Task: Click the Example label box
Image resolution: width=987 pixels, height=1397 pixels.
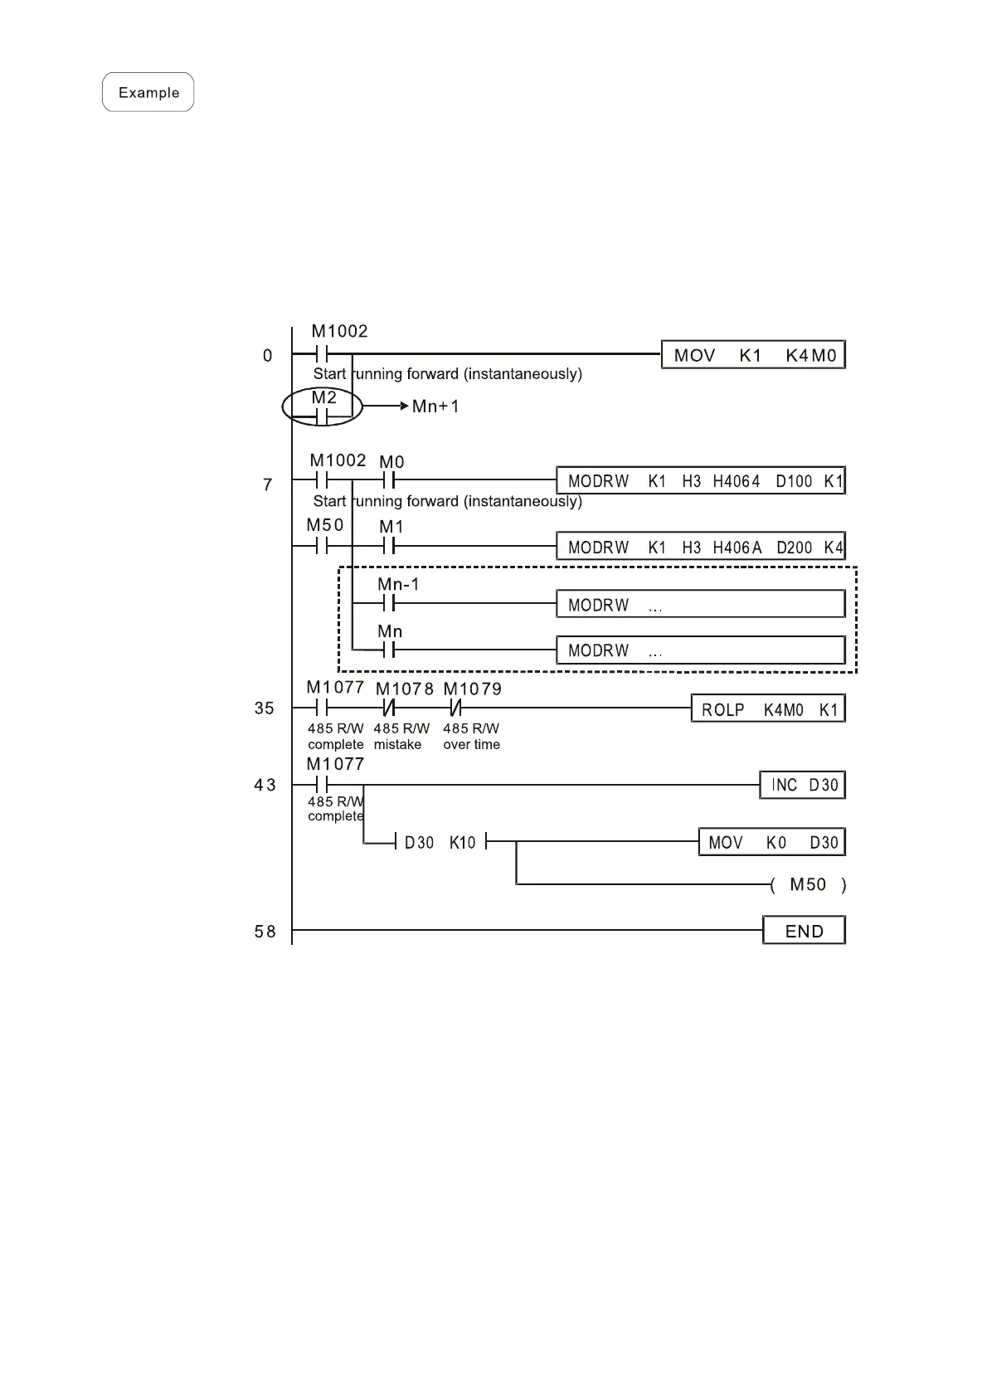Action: click(148, 92)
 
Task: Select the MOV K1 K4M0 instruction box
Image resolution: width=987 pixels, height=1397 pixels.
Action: click(753, 355)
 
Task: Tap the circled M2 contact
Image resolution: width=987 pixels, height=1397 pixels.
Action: click(323, 407)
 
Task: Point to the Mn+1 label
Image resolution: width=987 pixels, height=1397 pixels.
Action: click(435, 406)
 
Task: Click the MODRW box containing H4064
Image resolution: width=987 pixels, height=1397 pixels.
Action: click(700, 481)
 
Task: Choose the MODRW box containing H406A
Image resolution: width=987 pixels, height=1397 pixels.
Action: click(700, 547)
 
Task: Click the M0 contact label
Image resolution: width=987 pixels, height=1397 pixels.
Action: click(391, 462)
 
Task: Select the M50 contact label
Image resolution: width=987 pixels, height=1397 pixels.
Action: click(324, 525)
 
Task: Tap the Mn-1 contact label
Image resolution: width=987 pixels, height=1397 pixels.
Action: click(398, 585)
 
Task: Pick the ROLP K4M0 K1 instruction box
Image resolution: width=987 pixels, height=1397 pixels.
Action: click(768, 709)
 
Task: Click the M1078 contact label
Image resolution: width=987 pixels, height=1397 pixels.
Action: click(405, 689)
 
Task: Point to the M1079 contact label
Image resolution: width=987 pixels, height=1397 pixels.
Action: click(472, 689)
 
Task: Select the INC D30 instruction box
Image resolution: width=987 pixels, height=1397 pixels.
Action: click(802, 785)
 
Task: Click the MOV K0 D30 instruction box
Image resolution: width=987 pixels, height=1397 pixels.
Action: click(771, 842)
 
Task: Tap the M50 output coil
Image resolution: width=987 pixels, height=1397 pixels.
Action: click(808, 884)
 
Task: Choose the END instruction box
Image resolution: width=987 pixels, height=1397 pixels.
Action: click(804, 931)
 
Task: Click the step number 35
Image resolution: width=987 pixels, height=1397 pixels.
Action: click(265, 708)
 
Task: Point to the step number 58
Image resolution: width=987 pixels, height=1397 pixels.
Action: click(265, 932)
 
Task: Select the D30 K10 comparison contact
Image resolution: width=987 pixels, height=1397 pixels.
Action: click(440, 842)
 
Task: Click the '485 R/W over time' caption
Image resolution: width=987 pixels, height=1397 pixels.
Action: click(471, 737)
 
